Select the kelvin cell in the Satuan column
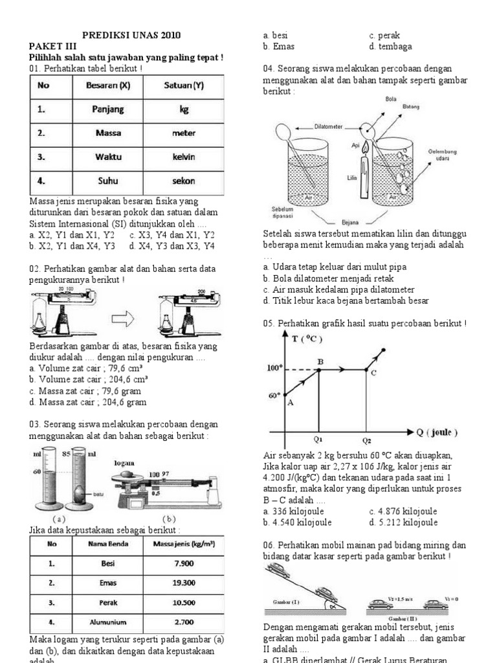(x=183, y=157)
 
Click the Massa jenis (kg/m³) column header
(x=184, y=545)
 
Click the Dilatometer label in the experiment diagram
(x=328, y=127)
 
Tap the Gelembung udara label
(x=443, y=155)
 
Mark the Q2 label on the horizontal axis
(x=366, y=441)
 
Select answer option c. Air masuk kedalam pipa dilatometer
(x=339, y=289)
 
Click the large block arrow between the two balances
(x=127, y=319)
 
